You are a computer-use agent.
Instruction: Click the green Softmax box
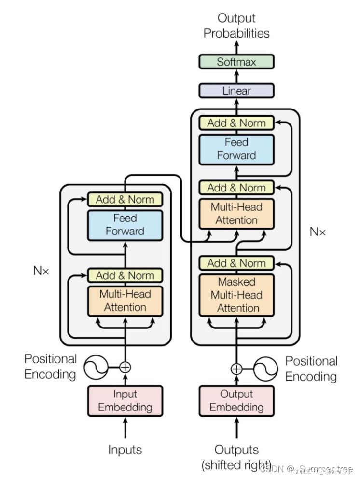[236, 62]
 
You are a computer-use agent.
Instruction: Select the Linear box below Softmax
[236, 91]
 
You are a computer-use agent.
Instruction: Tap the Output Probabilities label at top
[236, 26]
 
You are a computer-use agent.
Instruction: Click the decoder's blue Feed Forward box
[236, 149]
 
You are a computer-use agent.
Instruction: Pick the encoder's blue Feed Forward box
[125, 225]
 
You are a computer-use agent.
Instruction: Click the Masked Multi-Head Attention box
[236, 295]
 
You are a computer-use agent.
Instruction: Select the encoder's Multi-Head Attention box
[125, 300]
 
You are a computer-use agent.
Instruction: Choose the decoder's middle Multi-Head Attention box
[236, 214]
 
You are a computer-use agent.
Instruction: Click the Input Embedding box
[125, 401]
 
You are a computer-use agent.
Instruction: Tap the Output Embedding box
[236, 401]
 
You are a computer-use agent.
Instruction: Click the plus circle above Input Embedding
[125, 367]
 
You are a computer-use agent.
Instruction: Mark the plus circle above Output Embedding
[236, 369]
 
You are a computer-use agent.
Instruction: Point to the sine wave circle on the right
[266, 369]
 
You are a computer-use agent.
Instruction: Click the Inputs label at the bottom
[125, 450]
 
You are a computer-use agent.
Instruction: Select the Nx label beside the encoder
[42, 271]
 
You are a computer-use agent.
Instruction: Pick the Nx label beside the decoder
[318, 232]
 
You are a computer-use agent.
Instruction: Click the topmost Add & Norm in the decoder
[236, 123]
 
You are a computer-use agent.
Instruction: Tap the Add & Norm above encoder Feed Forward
[125, 199]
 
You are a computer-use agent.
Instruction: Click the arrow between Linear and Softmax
[236, 76]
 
